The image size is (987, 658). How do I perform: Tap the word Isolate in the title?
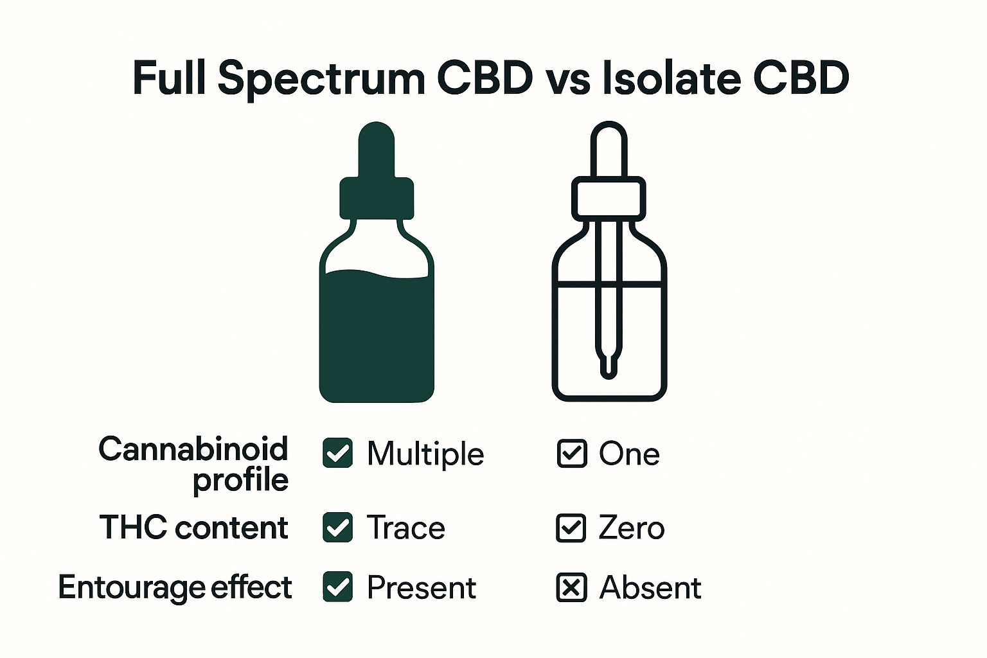pos(671,78)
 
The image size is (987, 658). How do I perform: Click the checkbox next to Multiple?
pos(337,452)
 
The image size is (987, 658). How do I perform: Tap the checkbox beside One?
pos(572,453)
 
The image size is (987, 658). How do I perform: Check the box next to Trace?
pos(337,527)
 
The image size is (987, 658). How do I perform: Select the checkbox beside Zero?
pos(571,528)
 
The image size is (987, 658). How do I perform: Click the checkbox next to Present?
pos(337,587)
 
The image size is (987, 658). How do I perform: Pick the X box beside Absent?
pos(571,587)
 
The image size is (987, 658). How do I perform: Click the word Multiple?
pos(425,454)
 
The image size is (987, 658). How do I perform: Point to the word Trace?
pos(406,528)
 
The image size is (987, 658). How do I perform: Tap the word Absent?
pos(650,587)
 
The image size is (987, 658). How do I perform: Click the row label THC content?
pos(194,527)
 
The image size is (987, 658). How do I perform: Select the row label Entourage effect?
pos(175,587)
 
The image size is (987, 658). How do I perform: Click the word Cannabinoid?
pos(193,449)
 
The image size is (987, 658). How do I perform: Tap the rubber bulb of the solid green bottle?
pos(377,150)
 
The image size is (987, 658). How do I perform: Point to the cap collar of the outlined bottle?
pos(609,199)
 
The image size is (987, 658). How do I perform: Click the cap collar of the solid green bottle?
pos(377,199)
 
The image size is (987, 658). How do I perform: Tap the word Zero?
pos(632,528)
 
